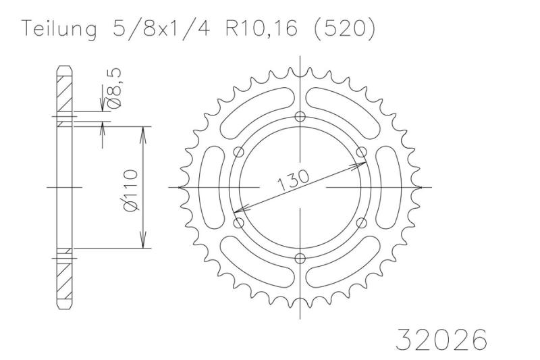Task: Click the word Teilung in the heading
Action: coord(59,29)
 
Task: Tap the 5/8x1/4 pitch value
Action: coord(161,28)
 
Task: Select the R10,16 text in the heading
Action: coord(261,28)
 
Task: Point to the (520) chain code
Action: coord(343,28)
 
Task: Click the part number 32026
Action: coord(442,339)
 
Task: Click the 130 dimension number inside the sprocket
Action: coord(293,180)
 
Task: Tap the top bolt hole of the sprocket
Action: coord(300,116)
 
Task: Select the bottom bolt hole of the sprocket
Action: coord(300,259)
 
